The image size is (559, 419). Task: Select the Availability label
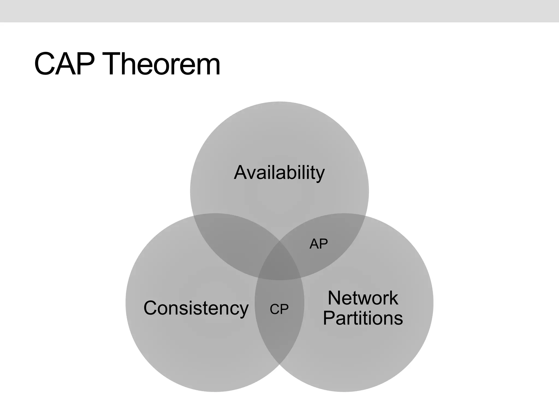(279, 173)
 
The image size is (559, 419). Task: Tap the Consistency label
(196, 308)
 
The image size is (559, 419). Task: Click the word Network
(363, 298)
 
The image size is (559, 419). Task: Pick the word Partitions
(363, 318)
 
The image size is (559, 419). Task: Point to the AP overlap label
(319, 244)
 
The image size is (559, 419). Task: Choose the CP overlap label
(279, 309)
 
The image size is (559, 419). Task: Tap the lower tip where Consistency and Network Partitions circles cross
(279, 364)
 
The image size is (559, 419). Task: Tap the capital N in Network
(334, 298)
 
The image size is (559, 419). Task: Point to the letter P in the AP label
(323, 244)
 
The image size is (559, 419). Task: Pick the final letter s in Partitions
(398, 319)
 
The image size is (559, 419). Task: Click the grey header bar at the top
(279, 11)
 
